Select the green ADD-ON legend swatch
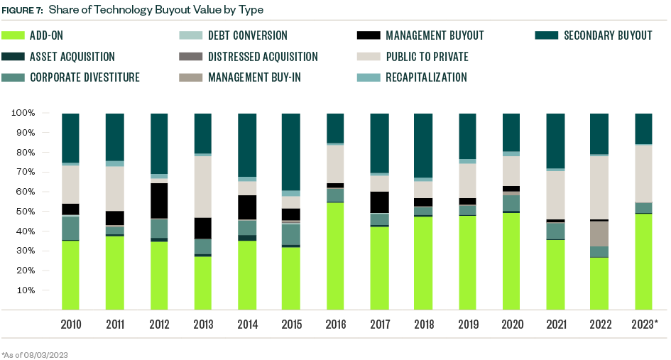pyautogui.click(x=13, y=36)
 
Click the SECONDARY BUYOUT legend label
pyautogui.click(x=608, y=36)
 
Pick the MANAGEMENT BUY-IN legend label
pyautogui.click(x=254, y=77)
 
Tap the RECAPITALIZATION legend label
pyautogui.click(x=426, y=77)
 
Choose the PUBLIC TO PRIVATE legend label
pyautogui.click(x=427, y=57)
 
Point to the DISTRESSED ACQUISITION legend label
pyautogui.click(x=263, y=57)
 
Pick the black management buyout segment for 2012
pyautogui.click(x=158, y=200)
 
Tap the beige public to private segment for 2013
pyautogui.click(x=202, y=187)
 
